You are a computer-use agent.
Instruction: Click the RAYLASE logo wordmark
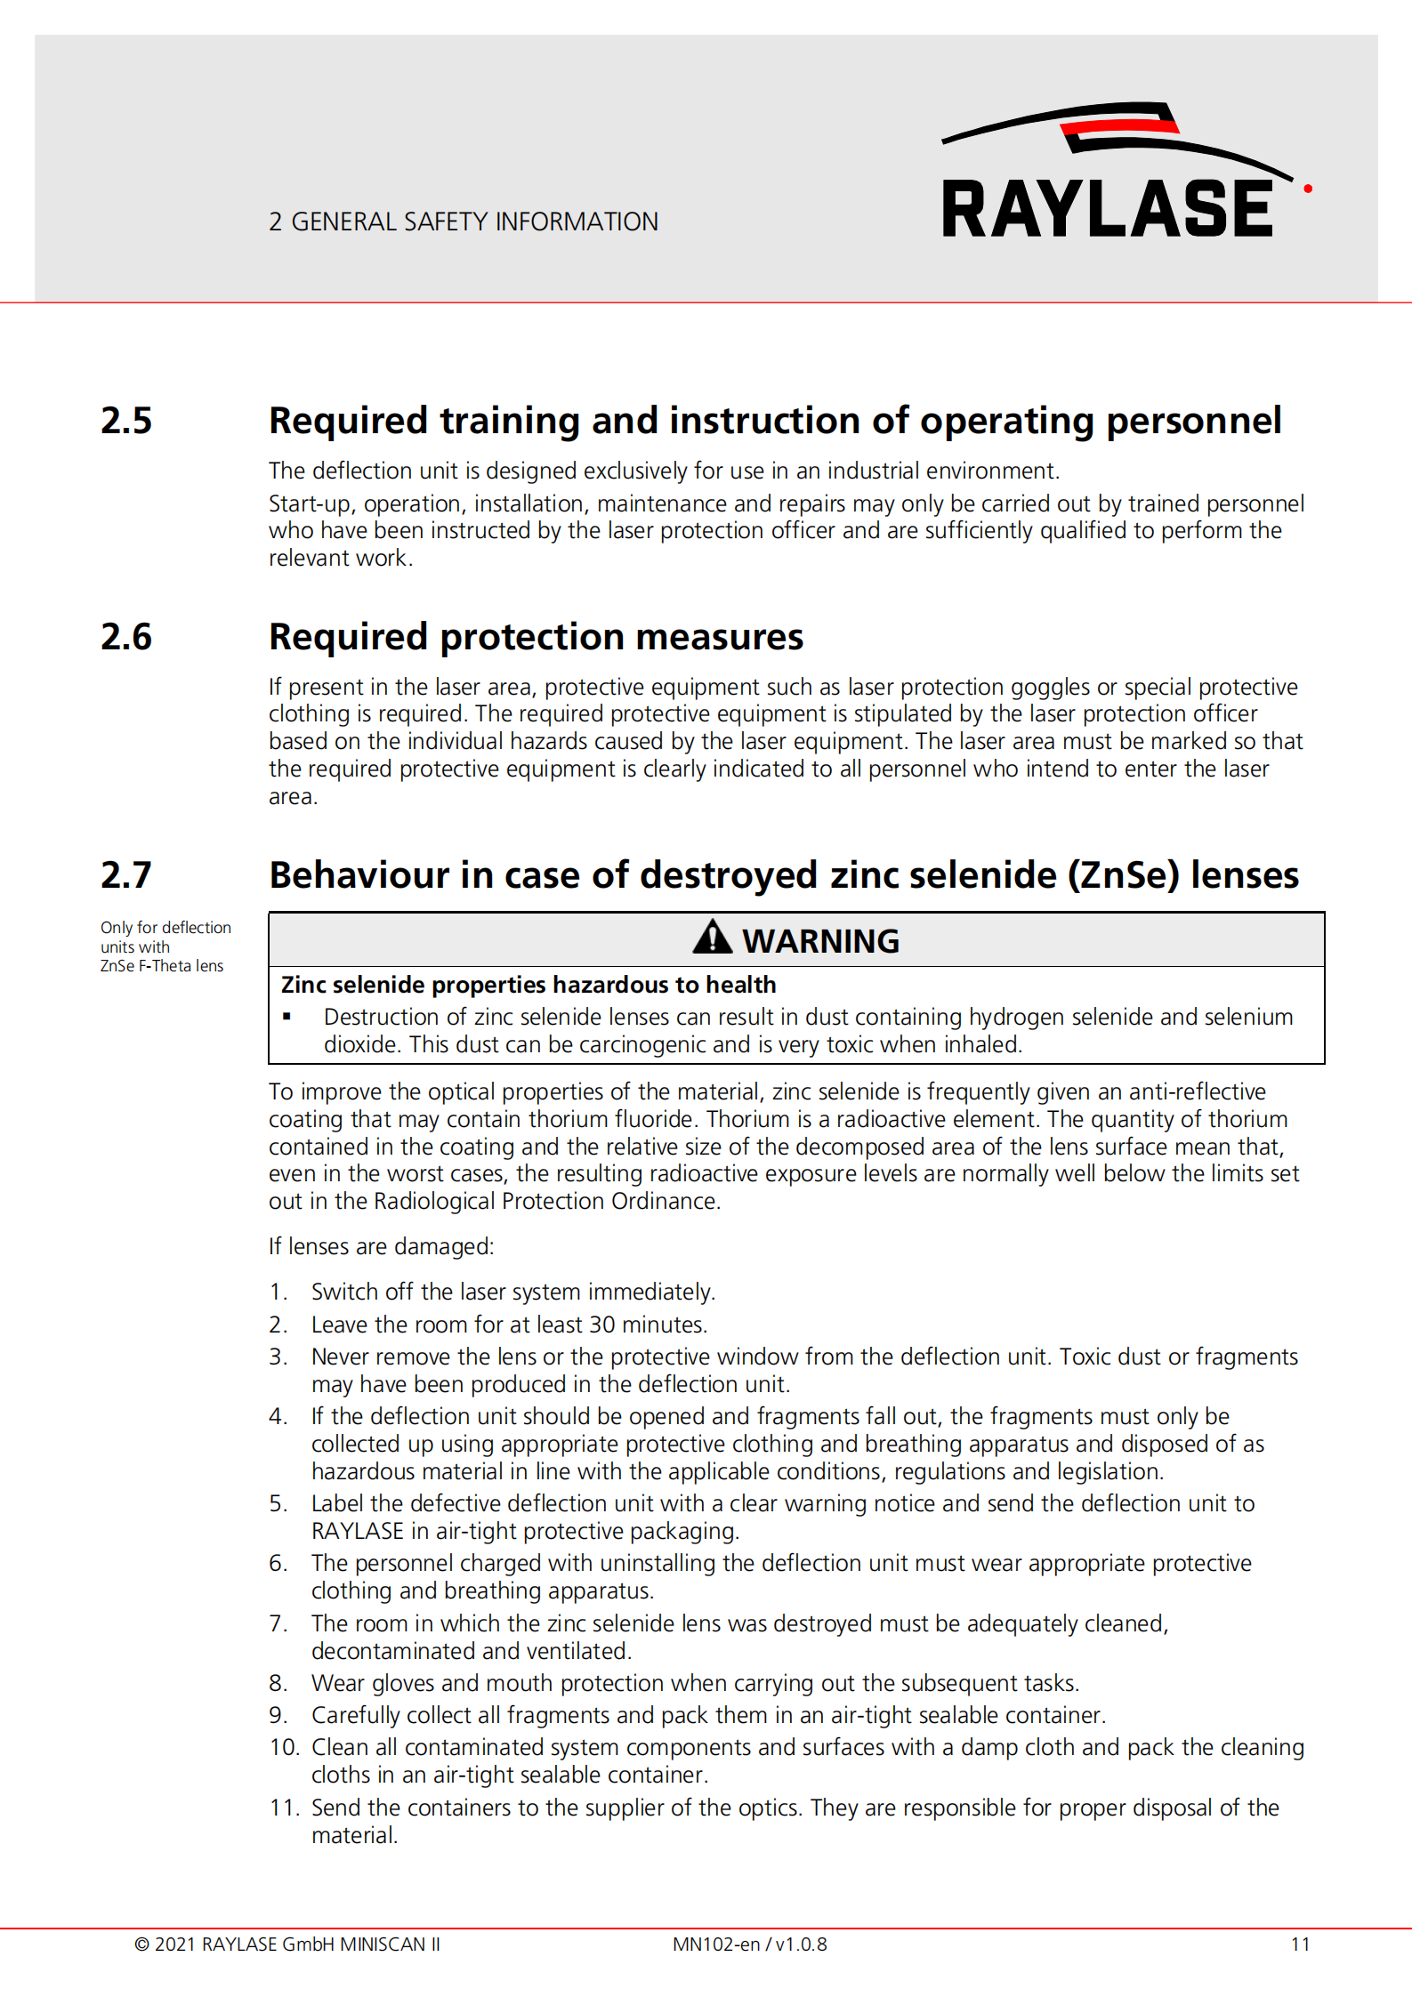(1107, 208)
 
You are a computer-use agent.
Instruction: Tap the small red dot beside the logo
(1307, 189)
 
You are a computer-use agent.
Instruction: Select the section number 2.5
(126, 421)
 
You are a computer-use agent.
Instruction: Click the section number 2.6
(126, 637)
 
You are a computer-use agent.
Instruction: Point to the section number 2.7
(126, 875)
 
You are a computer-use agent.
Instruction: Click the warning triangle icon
(712, 938)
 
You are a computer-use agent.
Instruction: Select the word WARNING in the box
(820, 941)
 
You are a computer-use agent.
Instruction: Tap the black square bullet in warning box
(286, 1017)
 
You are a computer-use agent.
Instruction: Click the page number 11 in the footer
(1300, 1945)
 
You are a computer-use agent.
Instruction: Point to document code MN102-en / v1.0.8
(749, 1945)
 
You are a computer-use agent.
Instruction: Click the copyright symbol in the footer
(141, 1945)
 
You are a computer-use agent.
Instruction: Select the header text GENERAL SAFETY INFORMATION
(474, 221)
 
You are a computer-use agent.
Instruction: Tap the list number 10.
(284, 1747)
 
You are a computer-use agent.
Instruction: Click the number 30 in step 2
(601, 1325)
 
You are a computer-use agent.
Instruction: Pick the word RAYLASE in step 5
(357, 1531)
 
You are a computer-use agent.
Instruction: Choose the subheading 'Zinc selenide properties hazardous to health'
(528, 985)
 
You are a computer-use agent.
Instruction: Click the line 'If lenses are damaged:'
(381, 1246)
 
